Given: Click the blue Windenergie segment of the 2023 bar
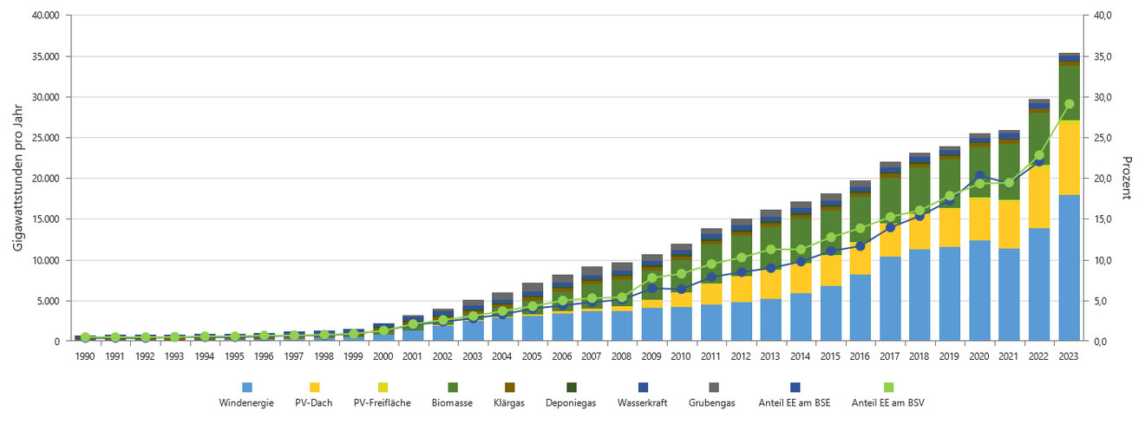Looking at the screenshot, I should pos(1069,269).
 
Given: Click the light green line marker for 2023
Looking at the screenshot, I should pos(1069,104).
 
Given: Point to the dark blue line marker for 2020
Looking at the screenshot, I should pos(980,176).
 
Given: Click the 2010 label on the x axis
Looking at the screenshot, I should pos(682,355).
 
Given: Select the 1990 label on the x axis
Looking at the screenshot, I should pos(85,355).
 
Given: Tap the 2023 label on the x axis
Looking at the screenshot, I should pos(1069,355).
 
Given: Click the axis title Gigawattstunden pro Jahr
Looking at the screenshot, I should pos(18,179).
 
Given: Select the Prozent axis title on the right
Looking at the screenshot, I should pos(1127,179).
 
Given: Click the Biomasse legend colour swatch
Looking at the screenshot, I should pos(452,387).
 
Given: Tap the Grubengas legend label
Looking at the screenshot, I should pos(713,402).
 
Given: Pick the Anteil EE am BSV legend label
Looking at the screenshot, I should pos(888,402).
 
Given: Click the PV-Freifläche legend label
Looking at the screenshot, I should pos(383,402).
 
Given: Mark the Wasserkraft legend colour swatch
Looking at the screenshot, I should pos(642,387).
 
